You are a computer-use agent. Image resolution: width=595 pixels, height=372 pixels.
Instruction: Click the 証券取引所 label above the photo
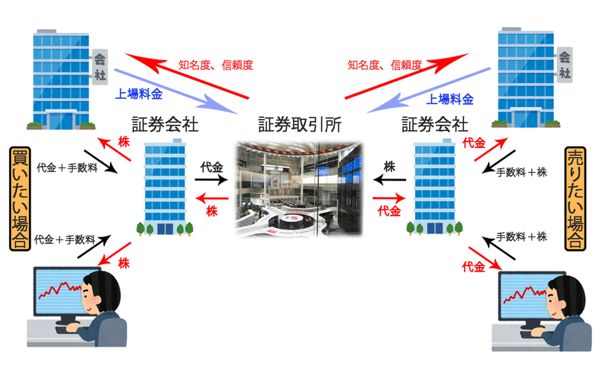pyautogui.click(x=299, y=124)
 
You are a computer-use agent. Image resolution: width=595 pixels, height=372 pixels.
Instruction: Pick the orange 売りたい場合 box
pyautogui.click(x=576, y=198)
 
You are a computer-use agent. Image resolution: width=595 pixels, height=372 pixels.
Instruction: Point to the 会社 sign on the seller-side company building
pyautogui.click(x=566, y=66)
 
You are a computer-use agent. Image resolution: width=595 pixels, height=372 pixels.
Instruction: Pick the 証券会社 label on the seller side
pyautogui.click(x=435, y=124)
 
